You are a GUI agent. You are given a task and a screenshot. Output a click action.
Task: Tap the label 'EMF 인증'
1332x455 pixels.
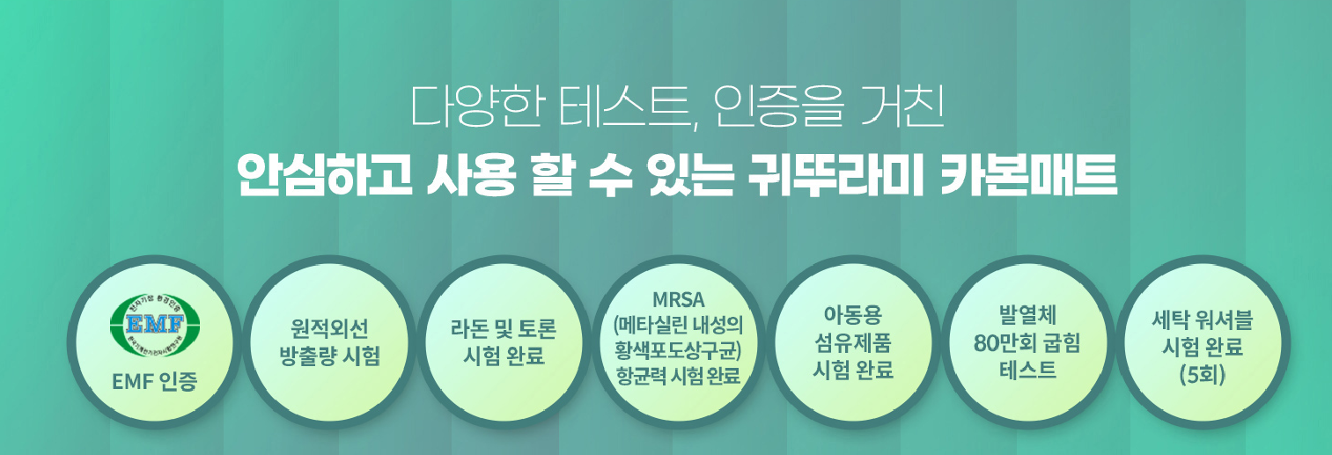(x=155, y=382)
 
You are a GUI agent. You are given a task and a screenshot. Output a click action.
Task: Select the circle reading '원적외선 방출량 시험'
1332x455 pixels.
(x=328, y=343)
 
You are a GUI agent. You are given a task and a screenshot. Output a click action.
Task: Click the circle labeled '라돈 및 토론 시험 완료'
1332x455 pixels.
(x=503, y=343)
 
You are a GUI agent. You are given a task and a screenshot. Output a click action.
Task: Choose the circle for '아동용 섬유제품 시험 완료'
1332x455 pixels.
(x=851, y=343)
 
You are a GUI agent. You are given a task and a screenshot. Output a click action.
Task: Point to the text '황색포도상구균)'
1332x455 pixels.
(x=678, y=349)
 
